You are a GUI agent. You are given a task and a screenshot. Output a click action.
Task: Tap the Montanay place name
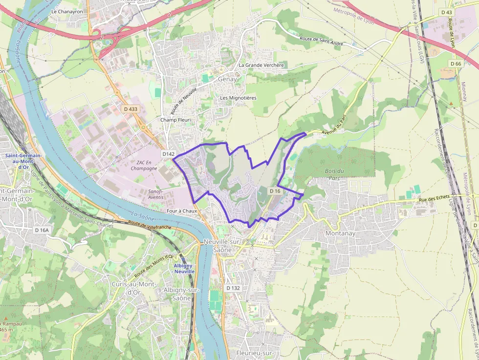click(340, 233)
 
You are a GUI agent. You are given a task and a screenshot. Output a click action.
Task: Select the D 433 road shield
click(131, 109)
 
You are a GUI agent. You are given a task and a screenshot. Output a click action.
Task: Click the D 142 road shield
click(169, 154)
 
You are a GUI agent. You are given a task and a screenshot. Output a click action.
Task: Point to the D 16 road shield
click(275, 191)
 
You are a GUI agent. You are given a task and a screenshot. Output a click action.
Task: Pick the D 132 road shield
click(233, 288)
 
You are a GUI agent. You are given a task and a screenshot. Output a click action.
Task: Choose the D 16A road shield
click(43, 230)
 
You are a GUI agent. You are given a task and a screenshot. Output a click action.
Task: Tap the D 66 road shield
click(456, 64)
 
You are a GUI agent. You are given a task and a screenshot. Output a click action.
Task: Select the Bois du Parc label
click(334, 174)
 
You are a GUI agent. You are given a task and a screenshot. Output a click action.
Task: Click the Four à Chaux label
click(182, 211)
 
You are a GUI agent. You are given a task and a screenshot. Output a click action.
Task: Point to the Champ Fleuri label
click(175, 120)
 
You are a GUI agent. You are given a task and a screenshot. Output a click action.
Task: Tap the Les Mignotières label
click(238, 98)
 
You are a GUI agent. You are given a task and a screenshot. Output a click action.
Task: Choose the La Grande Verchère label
click(261, 65)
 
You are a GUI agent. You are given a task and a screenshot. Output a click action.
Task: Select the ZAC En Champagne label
click(144, 165)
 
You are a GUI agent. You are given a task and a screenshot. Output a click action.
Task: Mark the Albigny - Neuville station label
click(184, 268)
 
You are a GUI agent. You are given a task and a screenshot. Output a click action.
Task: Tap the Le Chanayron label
click(67, 11)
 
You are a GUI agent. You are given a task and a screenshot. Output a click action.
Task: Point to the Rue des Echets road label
click(434, 197)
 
